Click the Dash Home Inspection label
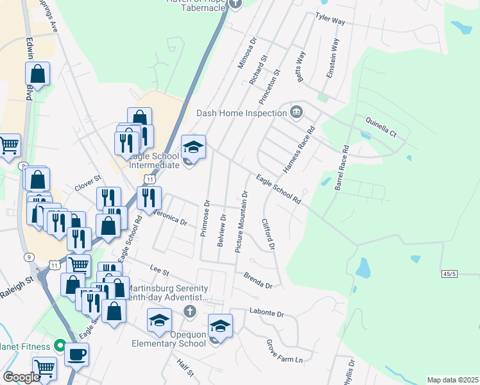241,113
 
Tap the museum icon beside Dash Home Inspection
296,112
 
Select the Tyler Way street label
330,19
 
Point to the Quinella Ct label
381,126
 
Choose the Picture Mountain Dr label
241,221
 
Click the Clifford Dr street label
268,234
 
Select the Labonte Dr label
265,314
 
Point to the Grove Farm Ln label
284,351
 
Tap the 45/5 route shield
450,274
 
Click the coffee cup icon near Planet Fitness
76,354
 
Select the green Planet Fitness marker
60,347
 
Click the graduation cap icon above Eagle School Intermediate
193,147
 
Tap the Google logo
21,377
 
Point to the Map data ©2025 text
452,380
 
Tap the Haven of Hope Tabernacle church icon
235,3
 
